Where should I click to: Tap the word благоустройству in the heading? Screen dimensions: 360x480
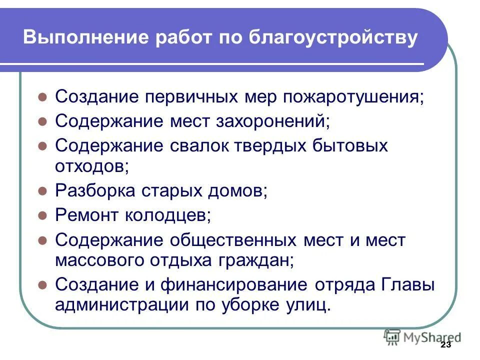(332, 38)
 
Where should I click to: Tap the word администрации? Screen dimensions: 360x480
(108, 304)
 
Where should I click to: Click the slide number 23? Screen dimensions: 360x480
(446, 345)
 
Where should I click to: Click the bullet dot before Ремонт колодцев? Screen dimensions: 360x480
(43, 216)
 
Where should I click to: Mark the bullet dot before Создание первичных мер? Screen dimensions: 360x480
(43, 96)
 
